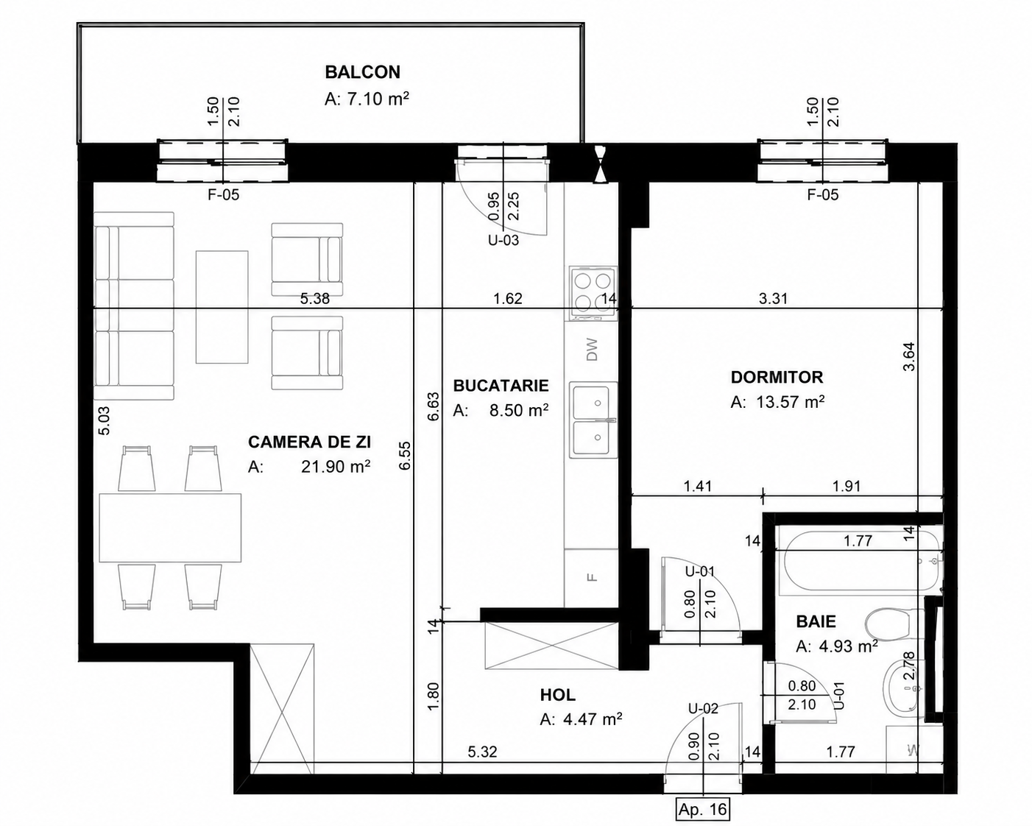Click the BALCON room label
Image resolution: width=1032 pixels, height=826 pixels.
[x=363, y=72]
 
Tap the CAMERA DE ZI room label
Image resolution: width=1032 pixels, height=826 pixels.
[x=309, y=442]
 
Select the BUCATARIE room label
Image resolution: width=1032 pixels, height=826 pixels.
[x=501, y=385]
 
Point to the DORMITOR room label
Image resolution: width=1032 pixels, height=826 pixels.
[x=777, y=377]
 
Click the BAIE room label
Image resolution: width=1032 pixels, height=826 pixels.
[x=816, y=621]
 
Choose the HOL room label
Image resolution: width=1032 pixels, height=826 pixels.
[x=558, y=695]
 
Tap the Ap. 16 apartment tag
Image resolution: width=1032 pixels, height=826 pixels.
[x=702, y=810]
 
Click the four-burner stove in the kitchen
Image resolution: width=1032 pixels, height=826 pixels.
[x=593, y=294]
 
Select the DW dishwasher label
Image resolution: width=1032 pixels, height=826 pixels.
[x=593, y=349]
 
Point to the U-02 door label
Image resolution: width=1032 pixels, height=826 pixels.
[x=703, y=708]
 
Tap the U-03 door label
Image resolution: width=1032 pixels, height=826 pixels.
[x=503, y=240]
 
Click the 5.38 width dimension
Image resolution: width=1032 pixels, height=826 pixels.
[x=315, y=298]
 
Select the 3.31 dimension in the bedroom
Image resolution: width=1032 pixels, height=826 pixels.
[x=774, y=298]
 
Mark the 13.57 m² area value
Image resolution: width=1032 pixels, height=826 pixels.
[x=791, y=402]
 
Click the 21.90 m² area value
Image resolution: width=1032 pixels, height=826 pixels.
[x=336, y=467]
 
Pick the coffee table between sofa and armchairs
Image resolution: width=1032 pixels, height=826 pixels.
[x=222, y=307]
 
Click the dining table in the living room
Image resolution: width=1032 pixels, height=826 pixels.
[x=170, y=528]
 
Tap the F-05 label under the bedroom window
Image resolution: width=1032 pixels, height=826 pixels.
[x=824, y=195]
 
